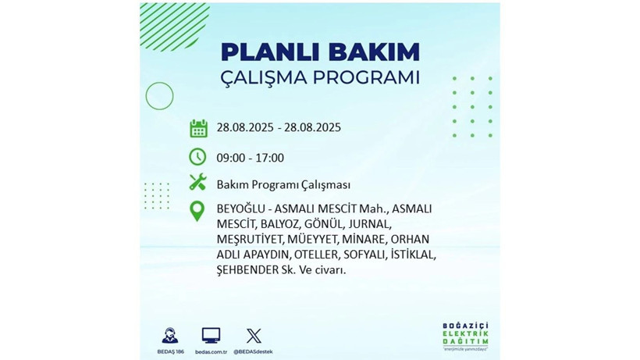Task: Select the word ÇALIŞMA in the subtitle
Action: point(269,78)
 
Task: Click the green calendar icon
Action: point(198,129)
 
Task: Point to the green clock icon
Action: point(198,157)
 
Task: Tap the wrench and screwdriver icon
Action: point(198,184)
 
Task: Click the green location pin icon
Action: point(198,210)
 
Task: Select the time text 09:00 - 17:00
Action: point(251,158)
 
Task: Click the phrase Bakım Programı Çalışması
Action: point(283,185)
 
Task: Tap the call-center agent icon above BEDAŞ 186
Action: point(170,336)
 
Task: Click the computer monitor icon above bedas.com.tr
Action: point(211,336)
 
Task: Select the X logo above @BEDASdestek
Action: point(254,336)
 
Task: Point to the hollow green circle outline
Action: point(159,96)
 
